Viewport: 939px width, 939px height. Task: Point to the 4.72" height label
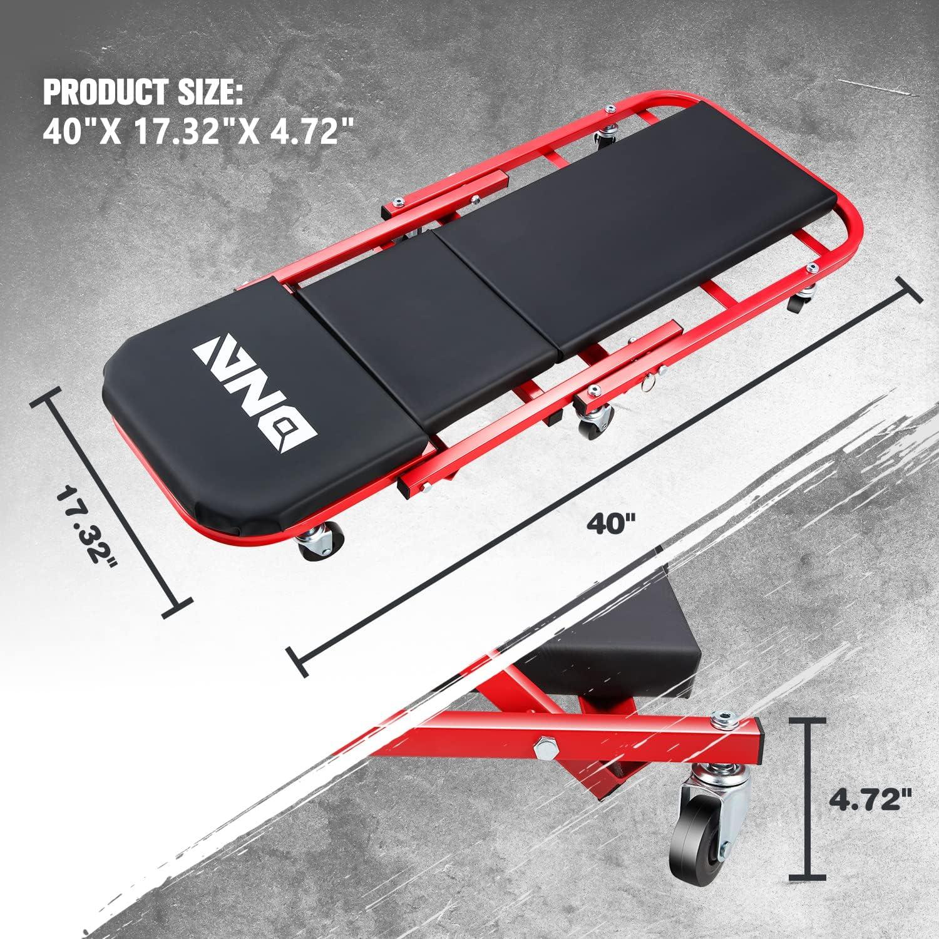pyautogui.click(x=870, y=800)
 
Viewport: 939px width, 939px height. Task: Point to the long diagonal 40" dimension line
pyautogui.click(x=601, y=476)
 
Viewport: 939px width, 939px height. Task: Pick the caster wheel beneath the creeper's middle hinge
pyautogui.click(x=592, y=426)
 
